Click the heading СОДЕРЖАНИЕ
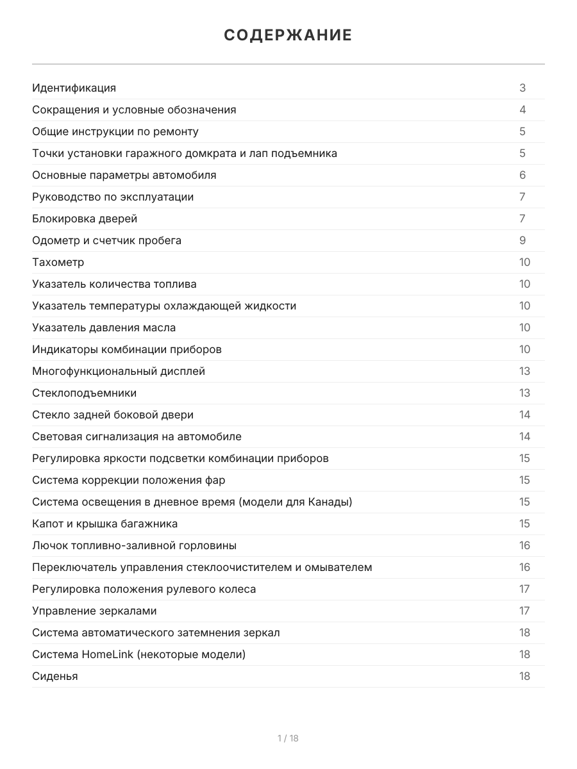coord(288,35)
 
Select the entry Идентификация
coord(74,88)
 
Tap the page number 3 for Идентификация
coord(523,88)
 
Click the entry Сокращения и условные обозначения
coord(134,110)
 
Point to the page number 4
coord(523,110)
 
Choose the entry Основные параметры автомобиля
coord(124,175)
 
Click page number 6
coord(523,175)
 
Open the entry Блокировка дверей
coord(85,219)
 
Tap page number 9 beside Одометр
coord(523,240)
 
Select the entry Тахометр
coord(58,262)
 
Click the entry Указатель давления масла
coord(104,327)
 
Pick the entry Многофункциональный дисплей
coord(119,371)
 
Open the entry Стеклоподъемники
coord(85,393)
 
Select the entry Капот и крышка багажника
coord(105,524)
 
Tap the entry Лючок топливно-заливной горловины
coord(134,545)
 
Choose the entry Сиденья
coord(55,676)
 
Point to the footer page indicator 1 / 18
coord(288,738)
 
